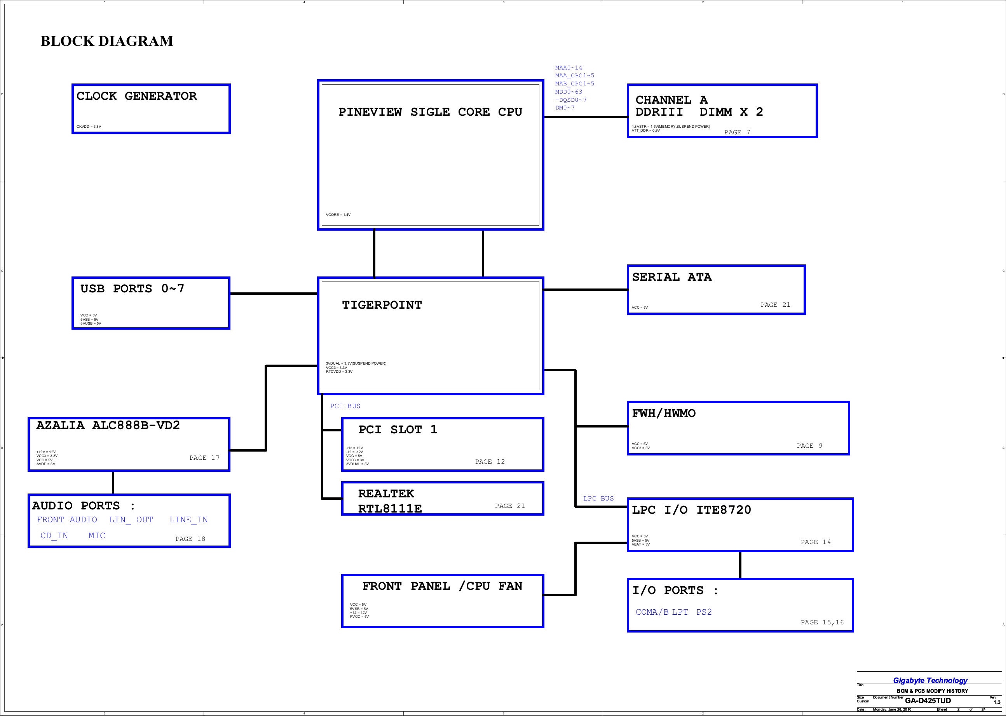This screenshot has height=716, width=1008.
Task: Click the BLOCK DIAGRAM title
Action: (x=107, y=41)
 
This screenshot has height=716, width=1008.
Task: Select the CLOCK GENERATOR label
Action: (x=137, y=96)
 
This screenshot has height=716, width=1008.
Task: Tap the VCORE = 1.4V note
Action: (x=338, y=215)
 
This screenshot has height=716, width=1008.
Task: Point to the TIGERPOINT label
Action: (x=382, y=305)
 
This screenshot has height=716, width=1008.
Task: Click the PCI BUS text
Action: (x=345, y=406)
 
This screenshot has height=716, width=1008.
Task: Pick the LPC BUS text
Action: (x=599, y=498)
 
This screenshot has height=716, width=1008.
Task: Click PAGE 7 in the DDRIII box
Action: (x=737, y=132)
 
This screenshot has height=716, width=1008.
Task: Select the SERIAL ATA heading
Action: (x=672, y=277)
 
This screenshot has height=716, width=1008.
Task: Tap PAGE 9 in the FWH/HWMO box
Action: (x=809, y=446)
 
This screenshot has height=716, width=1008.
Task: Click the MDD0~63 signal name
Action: (x=569, y=92)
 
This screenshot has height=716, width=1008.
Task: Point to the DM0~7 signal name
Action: (x=565, y=108)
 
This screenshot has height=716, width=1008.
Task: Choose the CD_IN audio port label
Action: (x=54, y=536)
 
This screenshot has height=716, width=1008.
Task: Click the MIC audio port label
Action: (x=97, y=536)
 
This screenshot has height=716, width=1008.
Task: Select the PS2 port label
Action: (x=704, y=612)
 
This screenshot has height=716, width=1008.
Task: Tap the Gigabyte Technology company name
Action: (x=930, y=680)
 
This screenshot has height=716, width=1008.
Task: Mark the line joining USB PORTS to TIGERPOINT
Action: (x=274, y=293)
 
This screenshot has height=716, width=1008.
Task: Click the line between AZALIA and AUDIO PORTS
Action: (x=113, y=483)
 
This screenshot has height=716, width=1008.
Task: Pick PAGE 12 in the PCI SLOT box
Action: (x=490, y=462)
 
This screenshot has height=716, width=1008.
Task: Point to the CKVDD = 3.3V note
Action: (x=89, y=127)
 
